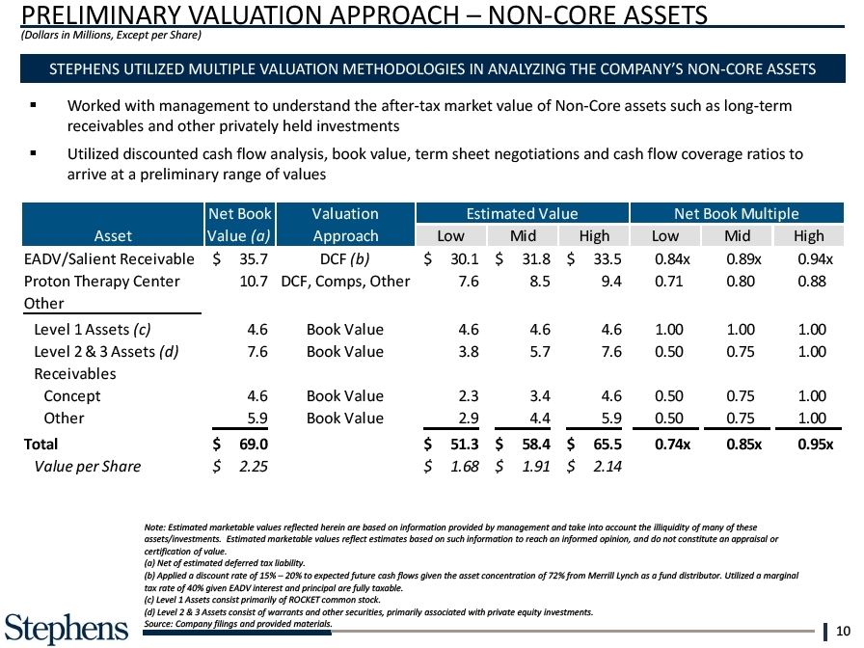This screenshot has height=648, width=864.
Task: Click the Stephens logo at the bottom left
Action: (x=66, y=627)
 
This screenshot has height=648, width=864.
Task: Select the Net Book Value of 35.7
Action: (x=253, y=258)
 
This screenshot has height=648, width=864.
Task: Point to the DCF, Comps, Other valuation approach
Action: (x=345, y=282)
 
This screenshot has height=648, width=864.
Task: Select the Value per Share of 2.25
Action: (x=253, y=467)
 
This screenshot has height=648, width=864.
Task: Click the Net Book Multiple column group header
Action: (x=737, y=214)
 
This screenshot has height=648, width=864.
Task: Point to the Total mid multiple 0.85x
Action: (x=741, y=444)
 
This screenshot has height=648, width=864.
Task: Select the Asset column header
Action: (x=113, y=236)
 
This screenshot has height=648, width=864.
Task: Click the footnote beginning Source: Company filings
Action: (x=237, y=624)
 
